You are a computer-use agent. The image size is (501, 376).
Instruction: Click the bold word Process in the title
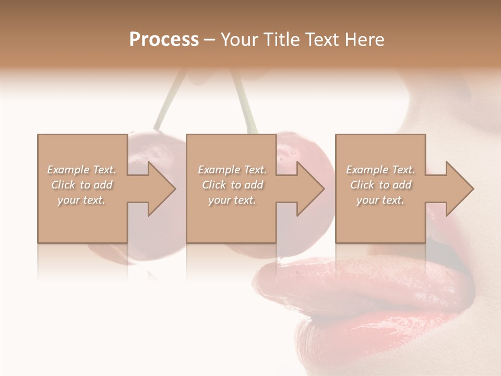(164, 39)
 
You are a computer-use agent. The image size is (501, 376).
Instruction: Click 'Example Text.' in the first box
(82, 170)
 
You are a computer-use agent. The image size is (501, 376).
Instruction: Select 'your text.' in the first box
(82, 200)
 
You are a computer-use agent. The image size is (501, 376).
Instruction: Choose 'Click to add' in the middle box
(232, 185)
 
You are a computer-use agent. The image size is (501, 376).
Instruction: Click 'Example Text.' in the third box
(380, 170)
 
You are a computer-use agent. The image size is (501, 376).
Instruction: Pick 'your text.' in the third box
(380, 200)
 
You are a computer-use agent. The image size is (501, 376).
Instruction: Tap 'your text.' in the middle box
(232, 200)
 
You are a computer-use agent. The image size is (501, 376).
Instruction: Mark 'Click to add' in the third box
(380, 185)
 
